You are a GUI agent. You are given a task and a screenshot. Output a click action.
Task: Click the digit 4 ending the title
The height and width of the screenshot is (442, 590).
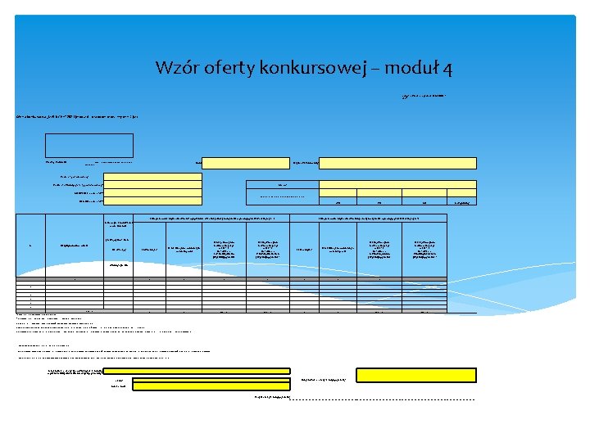pyautogui.click(x=447, y=67)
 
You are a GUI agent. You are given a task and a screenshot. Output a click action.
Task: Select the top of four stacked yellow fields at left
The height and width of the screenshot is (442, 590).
pyautogui.click(x=152, y=176)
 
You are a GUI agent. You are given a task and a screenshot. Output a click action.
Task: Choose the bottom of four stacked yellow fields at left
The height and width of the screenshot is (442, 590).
pyautogui.click(x=152, y=201)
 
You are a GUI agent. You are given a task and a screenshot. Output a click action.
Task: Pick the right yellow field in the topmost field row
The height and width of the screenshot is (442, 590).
pyautogui.click(x=397, y=162)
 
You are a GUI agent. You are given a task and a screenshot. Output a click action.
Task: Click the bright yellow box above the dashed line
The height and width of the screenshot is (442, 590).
pyautogui.click(x=415, y=374)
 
